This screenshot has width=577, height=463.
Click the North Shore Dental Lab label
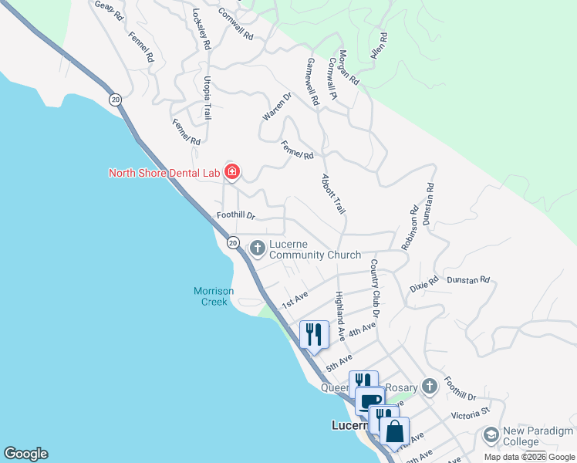coord(164,172)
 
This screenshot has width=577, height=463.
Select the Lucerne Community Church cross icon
coord(257,248)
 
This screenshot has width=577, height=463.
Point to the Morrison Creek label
coord(210,296)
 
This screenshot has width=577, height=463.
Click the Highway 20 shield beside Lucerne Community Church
coord(233,242)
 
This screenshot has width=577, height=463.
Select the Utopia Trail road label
coord(207,97)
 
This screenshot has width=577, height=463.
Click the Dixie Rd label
coord(423,284)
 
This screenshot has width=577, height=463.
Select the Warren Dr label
coord(277,106)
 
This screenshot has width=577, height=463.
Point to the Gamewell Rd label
coord(312,82)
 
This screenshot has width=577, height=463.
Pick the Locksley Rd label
coord(201,29)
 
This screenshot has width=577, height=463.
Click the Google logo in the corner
coord(25,454)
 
